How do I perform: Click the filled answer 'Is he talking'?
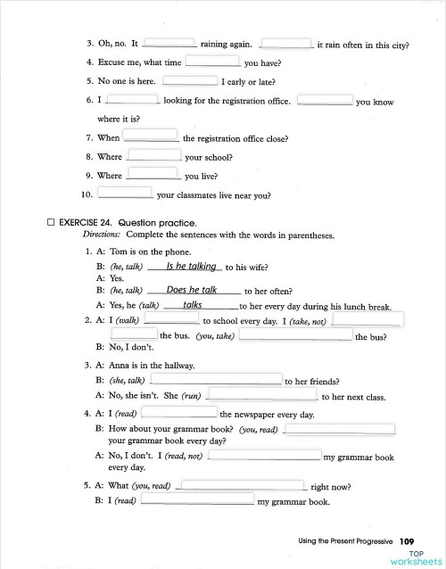point(191,266)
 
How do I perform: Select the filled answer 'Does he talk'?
point(191,290)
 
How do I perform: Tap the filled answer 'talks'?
point(193,305)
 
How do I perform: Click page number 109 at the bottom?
point(407,540)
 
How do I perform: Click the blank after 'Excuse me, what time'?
point(212,62)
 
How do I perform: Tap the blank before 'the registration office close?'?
point(151,136)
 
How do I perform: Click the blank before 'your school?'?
point(154,155)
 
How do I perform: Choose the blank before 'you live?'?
point(154,174)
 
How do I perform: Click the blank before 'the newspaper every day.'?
point(178,413)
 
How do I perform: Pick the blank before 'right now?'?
point(241,486)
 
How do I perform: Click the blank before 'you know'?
point(324,100)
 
